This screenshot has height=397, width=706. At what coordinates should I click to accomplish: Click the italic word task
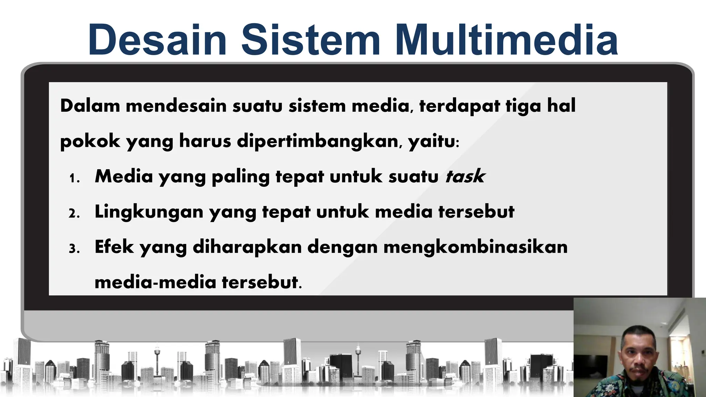coord(465,176)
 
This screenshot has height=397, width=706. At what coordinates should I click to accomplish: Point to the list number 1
coord(74,179)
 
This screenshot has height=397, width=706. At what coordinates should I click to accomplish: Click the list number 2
coord(74,214)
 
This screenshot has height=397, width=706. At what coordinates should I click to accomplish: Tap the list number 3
coord(74,249)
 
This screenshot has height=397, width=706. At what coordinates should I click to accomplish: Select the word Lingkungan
coord(149,212)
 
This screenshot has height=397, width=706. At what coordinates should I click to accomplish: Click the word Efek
coord(114,247)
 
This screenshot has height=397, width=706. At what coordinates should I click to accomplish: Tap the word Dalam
coord(90,105)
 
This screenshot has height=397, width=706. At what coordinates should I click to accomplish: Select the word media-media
coord(155,282)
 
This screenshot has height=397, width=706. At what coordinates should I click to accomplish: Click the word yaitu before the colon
coord(431,141)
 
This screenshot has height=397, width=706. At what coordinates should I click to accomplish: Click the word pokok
coord(90,141)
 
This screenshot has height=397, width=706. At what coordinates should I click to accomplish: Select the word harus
coord(205,141)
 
